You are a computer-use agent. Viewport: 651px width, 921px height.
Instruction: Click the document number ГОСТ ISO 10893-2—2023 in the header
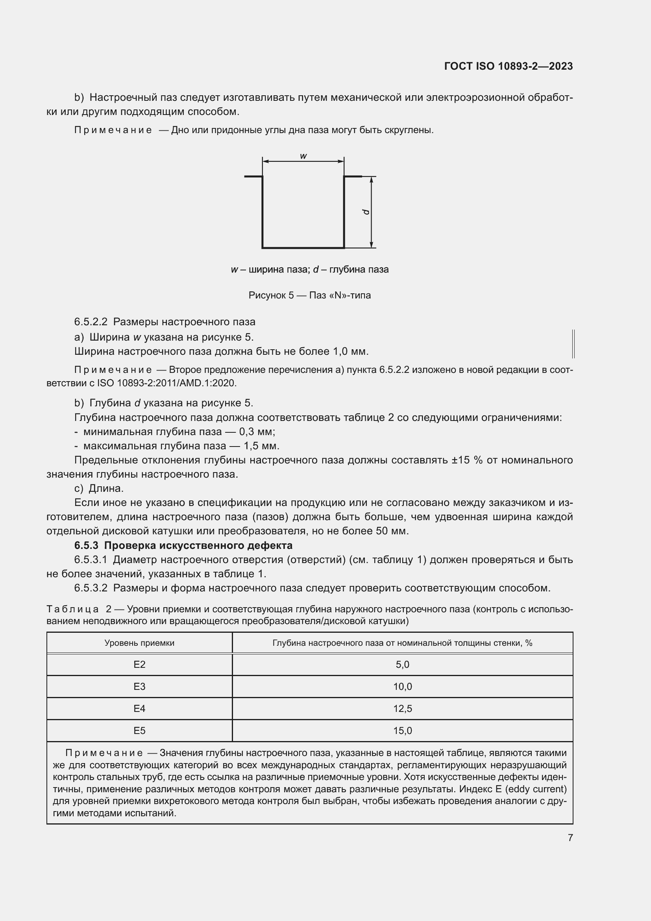click(508, 66)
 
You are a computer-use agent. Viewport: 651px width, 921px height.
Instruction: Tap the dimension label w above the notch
click(303, 156)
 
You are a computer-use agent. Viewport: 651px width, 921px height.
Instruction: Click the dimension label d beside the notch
click(366, 211)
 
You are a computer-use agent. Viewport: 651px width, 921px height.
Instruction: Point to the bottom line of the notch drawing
click(303, 248)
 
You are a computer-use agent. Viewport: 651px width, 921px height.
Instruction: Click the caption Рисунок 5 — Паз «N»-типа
click(309, 295)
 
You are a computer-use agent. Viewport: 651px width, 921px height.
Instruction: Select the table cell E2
click(139, 665)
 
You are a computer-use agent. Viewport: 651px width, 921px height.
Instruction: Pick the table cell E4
click(139, 708)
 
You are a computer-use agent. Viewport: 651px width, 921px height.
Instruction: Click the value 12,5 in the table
click(403, 708)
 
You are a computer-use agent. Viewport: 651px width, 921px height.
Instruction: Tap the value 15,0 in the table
click(403, 730)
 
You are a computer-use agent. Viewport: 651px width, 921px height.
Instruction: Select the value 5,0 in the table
click(403, 665)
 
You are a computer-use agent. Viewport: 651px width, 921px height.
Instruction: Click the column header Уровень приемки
click(139, 643)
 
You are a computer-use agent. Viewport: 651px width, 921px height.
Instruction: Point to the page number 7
click(570, 838)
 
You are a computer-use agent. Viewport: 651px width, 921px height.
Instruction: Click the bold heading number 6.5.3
click(86, 545)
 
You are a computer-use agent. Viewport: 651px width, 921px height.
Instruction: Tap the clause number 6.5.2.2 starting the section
click(91, 322)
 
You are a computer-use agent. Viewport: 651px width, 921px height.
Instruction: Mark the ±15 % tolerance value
click(467, 460)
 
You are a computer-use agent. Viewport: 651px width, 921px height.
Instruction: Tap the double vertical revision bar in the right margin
click(573, 344)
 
